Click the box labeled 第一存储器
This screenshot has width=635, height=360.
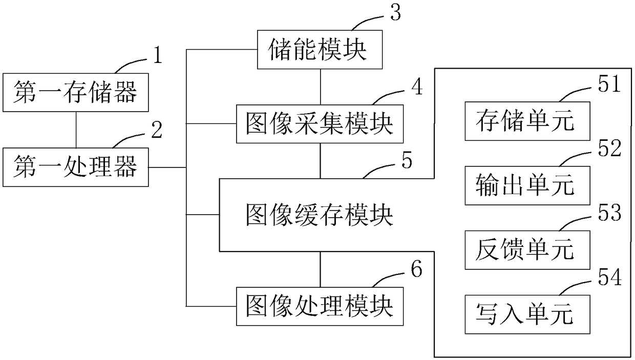pyautogui.click(x=76, y=92)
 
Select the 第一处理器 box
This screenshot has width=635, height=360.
pyautogui.click(x=76, y=167)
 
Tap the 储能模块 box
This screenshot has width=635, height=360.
pyautogui.click(x=320, y=50)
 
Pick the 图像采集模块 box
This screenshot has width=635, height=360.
pyautogui.click(x=320, y=124)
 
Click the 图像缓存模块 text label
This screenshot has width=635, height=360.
pyautogui.click(x=320, y=215)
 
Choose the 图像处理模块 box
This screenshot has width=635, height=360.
pyautogui.click(x=320, y=306)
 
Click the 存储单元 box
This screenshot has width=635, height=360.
pyautogui.click(x=527, y=121)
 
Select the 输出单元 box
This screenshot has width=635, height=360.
pyautogui.click(x=527, y=186)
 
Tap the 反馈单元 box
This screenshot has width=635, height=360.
pyautogui.click(x=527, y=250)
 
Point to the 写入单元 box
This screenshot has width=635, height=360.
pyautogui.click(x=527, y=314)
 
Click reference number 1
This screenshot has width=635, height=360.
pyautogui.click(x=158, y=55)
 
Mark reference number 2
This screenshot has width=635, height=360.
pyautogui.click(x=157, y=130)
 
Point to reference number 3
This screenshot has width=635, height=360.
pyautogui.click(x=396, y=13)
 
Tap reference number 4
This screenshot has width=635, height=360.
pyautogui.click(x=417, y=87)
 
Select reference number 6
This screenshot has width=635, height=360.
pyautogui.click(x=417, y=268)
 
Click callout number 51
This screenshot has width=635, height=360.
pyautogui.click(x=609, y=84)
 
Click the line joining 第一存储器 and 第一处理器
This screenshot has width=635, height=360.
pyautogui.click(x=76, y=130)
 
